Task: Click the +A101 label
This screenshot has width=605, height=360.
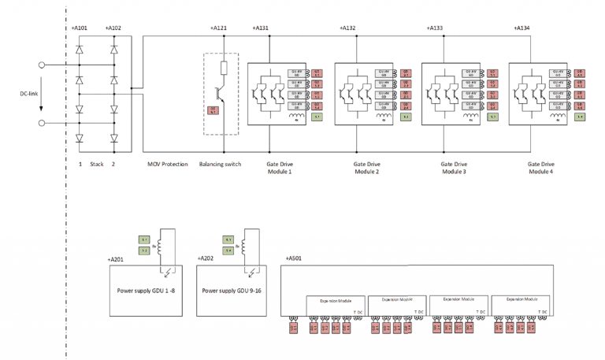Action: (x=79, y=28)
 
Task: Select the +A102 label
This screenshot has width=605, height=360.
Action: (x=113, y=28)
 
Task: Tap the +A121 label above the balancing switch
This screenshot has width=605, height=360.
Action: (x=219, y=28)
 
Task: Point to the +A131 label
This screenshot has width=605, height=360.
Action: (x=261, y=28)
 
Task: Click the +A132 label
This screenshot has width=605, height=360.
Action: (x=347, y=28)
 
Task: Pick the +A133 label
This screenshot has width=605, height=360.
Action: (x=435, y=28)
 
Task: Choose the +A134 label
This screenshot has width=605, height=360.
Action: (x=521, y=28)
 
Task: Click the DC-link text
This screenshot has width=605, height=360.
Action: (x=29, y=94)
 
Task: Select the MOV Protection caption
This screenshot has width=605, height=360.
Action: (x=168, y=165)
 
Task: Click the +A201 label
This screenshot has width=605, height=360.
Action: (x=116, y=258)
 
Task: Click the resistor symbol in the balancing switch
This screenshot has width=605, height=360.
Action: (x=223, y=68)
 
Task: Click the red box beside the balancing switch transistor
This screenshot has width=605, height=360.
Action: (x=211, y=110)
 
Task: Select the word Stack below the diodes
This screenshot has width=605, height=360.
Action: (x=97, y=165)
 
